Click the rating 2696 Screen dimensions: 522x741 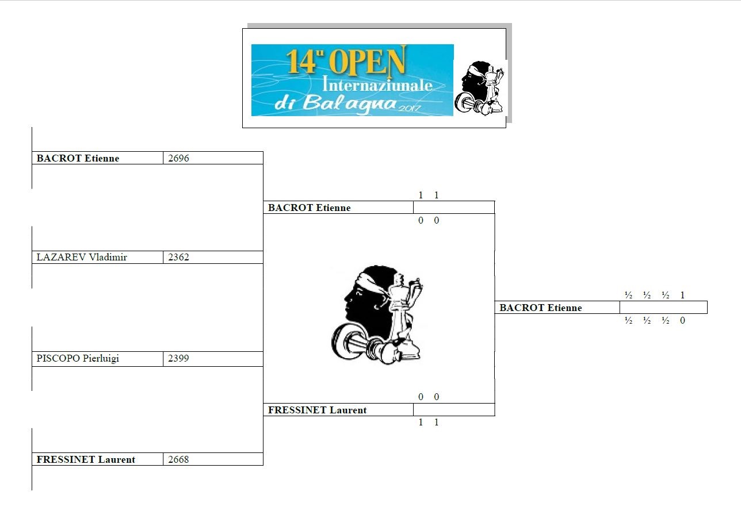(x=178, y=158)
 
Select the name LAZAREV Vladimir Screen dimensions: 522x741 (x=82, y=257)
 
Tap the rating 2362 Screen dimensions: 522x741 (x=178, y=257)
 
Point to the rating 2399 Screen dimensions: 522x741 (x=178, y=358)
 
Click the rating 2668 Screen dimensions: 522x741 (x=178, y=459)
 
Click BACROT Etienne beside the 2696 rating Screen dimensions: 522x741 (x=78, y=158)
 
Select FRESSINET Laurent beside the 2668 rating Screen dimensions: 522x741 (x=86, y=459)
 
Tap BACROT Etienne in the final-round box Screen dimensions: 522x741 (x=540, y=308)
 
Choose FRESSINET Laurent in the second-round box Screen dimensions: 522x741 (x=317, y=410)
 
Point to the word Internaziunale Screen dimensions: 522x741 (x=378, y=85)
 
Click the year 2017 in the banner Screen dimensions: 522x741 (x=411, y=108)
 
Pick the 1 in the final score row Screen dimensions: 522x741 (x=682, y=295)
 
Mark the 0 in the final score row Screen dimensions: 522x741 (x=682, y=321)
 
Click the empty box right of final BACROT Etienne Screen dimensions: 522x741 (x=663, y=308)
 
